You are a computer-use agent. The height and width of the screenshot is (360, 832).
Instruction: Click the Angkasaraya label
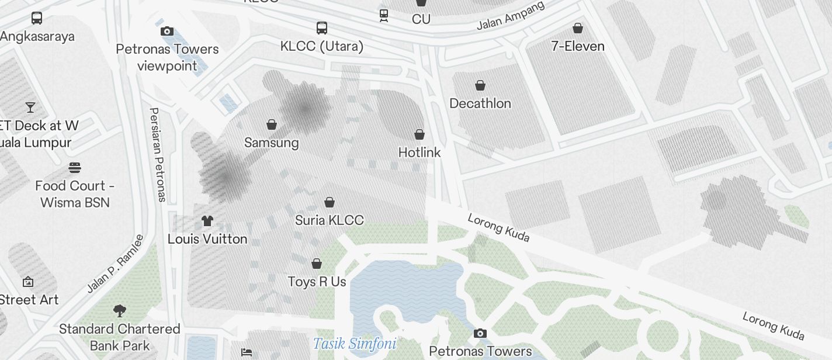pos(37,36)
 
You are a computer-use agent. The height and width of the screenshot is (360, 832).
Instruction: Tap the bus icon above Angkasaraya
pos(37,18)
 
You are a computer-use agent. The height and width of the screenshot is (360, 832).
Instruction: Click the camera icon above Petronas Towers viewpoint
pos(167,31)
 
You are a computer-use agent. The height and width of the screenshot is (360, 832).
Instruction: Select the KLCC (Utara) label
pos(322,46)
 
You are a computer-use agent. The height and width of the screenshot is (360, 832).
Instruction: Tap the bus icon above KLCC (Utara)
pos(322,27)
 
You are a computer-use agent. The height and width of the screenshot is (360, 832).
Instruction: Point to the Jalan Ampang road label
pos(511,16)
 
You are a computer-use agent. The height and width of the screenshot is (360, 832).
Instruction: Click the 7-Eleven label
pos(578,46)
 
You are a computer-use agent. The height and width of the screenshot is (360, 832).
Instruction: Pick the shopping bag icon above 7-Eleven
pos(578,27)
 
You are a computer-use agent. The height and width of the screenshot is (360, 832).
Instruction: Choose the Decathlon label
pos(480,103)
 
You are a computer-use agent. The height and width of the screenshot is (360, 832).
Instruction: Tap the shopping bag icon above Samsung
pos(272,124)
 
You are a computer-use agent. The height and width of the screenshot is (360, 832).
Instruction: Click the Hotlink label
pos(420,153)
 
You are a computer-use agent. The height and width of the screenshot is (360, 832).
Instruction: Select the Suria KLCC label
pos(330,220)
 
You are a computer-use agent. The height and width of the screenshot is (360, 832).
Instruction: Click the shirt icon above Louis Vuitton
pos(207,221)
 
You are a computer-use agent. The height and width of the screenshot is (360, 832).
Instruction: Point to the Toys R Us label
pos(317,282)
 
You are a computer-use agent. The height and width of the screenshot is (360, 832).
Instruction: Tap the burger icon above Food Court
pos(75,168)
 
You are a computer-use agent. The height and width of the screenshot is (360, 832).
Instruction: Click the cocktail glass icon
pos(30,108)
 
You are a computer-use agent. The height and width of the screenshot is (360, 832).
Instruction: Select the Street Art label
pos(29,300)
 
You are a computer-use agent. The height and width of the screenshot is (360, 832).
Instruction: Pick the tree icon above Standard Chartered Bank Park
pos(120,310)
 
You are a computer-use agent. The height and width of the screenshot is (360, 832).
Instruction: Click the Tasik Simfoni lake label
pos(355,344)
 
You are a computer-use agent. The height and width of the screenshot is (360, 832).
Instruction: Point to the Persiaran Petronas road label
pos(157,154)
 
